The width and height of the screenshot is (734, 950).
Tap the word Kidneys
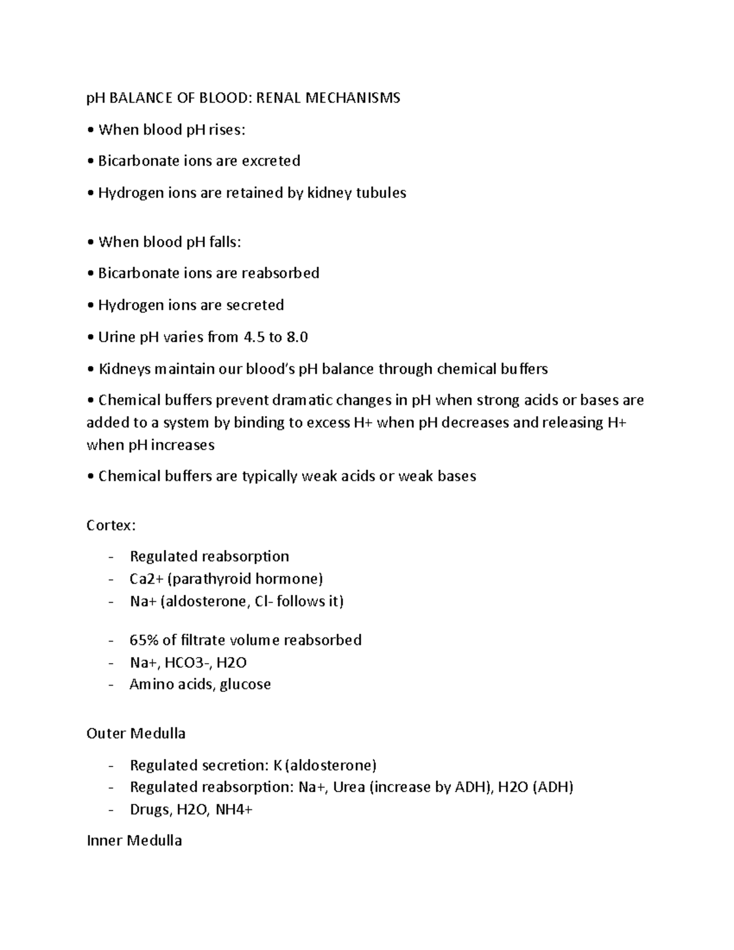[126, 369]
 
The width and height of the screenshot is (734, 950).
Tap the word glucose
[245, 684]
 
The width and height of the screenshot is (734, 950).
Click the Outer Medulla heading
[136, 733]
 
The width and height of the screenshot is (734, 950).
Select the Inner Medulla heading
[135, 841]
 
